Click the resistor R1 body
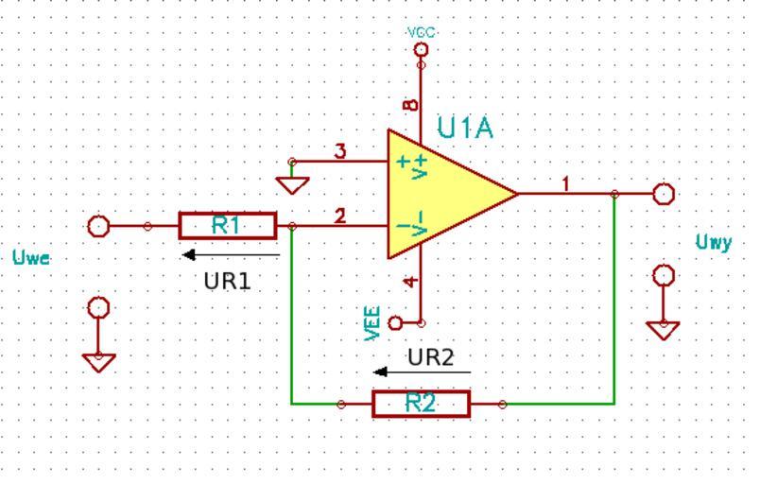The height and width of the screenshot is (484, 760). point(227,226)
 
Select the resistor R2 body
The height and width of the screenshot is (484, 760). point(421,404)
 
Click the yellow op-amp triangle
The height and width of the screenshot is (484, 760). point(444,194)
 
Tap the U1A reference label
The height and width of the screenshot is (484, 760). point(465,129)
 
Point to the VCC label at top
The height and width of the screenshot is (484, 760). point(422,32)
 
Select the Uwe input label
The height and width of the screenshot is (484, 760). point(32,257)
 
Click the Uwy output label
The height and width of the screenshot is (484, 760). point(714,243)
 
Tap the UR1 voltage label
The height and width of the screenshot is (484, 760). point(228,281)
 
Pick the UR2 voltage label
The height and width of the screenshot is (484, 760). point(431,357)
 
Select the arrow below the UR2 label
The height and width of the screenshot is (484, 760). point(423,372)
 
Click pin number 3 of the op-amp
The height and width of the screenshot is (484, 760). point(340,151)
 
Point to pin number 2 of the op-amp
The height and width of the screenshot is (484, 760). point(340,216)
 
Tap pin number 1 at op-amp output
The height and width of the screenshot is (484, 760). point(565,183)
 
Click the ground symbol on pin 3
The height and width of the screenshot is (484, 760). point(294,182)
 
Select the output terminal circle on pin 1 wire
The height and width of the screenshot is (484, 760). point(665,194)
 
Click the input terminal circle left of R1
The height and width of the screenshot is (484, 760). point(98,226)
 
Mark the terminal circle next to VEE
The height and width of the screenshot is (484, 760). point(396,323)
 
